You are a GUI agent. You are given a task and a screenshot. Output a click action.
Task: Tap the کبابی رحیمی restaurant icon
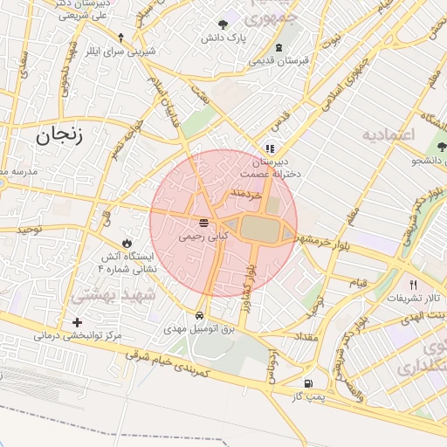pos(203,222)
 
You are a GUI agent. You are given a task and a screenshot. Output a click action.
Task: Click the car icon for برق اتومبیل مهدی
pos(200,316)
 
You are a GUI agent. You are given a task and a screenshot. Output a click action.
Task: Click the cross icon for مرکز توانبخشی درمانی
pos(77,322)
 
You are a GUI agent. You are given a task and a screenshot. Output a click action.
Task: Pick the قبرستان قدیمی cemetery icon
pos(279,47)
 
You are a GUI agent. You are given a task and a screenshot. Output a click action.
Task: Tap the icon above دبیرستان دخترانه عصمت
pos(270,148)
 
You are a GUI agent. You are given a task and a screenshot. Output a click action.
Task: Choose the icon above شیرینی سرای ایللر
pos(120,37)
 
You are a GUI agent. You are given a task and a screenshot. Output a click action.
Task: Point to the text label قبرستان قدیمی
pos(279,61)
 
